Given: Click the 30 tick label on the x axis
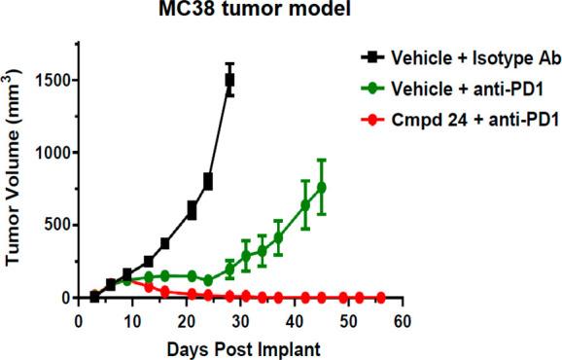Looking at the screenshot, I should [240, 319].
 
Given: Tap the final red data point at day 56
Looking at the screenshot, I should [380, 297].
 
